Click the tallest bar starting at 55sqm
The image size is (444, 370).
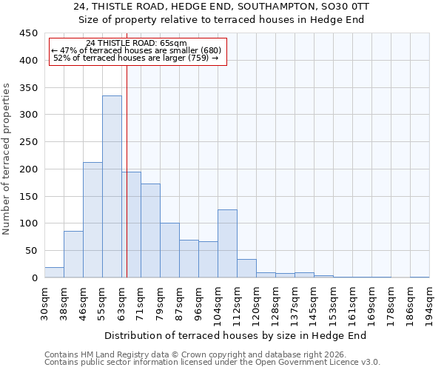click(112, 186)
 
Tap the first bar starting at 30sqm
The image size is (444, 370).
click(54, 272)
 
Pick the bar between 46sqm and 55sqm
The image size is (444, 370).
click(92, 220)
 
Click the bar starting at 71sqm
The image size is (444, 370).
click(150, 230)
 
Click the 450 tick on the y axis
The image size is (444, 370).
click(29, 33)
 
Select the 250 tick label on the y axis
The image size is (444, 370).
click(29, 142)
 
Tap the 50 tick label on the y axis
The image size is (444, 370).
click(32, 251)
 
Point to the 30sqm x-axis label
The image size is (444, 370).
click(45, 302)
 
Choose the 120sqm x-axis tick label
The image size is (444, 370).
click(257, 303)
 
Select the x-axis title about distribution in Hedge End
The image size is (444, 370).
click(235, 336)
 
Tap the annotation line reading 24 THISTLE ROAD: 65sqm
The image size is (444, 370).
click(136, 44)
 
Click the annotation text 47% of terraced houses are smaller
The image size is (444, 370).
click(136, 50)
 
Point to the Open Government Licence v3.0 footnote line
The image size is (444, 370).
click(212, 363)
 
